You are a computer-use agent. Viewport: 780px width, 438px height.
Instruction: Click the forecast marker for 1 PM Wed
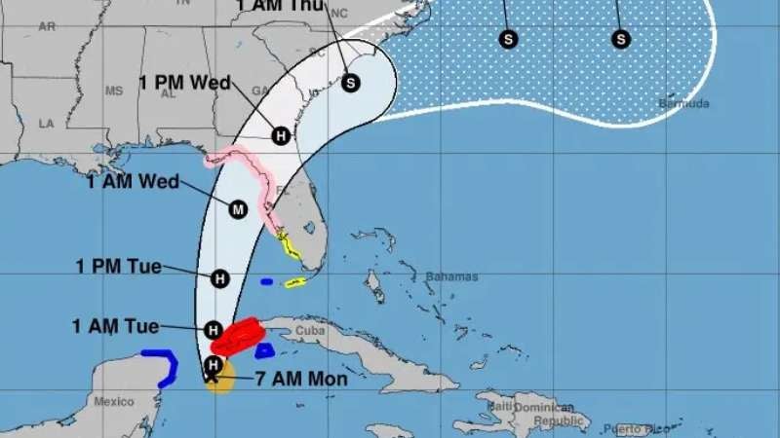[281, 135]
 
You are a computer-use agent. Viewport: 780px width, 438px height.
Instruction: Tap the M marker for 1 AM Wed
[238, 209]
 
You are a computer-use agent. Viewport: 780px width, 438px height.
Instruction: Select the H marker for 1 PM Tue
[219, 278]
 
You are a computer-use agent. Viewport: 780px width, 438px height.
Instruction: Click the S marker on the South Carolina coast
[351, 83]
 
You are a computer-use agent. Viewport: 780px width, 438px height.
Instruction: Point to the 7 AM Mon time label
[300, 379]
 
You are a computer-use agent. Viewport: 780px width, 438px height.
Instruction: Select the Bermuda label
[684, 103]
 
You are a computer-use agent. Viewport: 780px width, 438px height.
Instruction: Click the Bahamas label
[451, 276]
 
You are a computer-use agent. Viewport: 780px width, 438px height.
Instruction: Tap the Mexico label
[113, 401]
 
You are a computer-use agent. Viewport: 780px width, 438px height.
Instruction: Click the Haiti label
[501, 406]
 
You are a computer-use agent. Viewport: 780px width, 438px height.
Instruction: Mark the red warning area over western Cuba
[240, 336]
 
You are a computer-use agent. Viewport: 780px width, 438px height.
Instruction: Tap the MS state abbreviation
[114, 91]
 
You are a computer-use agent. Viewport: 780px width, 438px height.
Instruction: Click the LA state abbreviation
[45, 124]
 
